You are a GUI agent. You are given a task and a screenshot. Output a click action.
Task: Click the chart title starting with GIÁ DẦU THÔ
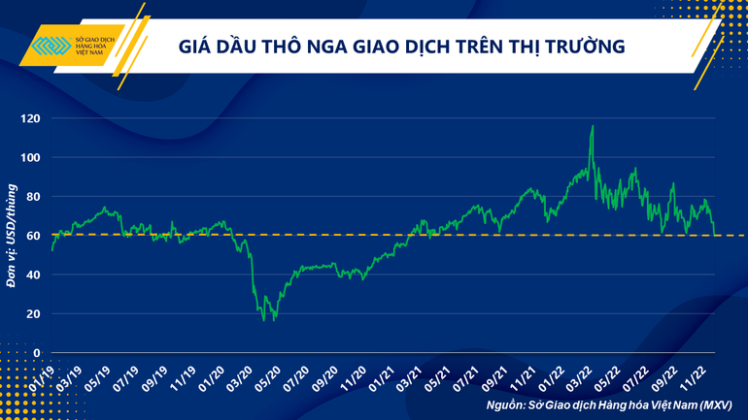click(x=400, y=46)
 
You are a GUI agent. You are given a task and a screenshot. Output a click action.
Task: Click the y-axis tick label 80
click(x=34, y=197)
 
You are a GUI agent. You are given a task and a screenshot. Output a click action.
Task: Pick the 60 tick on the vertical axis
click(x=34, y=236)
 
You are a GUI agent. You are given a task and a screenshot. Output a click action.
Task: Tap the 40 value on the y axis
click(x=34, y=275)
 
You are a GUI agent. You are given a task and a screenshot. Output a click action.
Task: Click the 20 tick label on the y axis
click(x=34, y=314)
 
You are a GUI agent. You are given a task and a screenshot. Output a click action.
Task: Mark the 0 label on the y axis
click(x=37, y=353)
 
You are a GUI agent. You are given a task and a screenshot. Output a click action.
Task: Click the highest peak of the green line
click(x=592, y=126)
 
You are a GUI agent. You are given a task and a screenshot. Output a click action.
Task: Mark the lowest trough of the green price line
click(x=275, y=320)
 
